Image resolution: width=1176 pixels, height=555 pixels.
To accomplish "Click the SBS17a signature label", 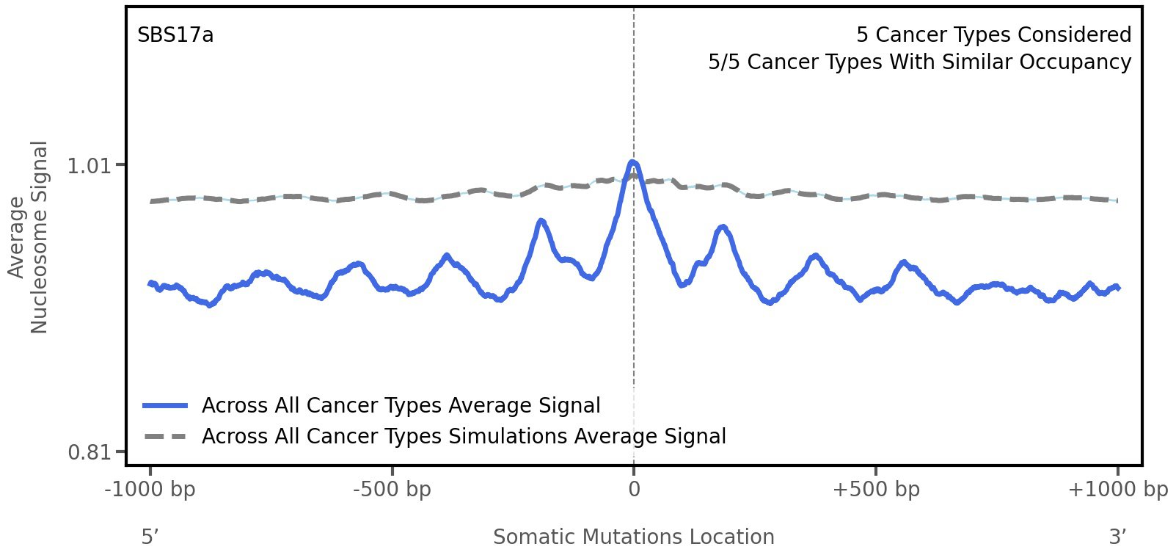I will click(175, 35).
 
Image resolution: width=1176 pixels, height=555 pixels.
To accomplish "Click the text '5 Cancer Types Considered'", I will click(993, 35).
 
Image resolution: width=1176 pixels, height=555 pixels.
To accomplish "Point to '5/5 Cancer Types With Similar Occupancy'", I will click(919, 62).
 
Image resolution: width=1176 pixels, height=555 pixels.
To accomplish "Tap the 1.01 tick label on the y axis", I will click(87, 166).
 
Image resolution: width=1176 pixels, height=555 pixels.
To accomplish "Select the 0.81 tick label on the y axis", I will click(87, 451).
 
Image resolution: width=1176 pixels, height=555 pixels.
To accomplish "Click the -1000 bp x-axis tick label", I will click(150, 490).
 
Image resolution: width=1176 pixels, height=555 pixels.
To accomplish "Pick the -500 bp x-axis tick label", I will click(392, 490).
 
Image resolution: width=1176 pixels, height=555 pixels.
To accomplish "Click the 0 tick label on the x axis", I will click(634, 490).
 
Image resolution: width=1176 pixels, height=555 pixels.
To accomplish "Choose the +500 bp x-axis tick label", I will click(876, 490).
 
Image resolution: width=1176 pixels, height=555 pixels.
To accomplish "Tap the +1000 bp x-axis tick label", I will click(1117, 490).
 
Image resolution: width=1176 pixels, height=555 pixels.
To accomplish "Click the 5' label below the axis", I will click(150, 537).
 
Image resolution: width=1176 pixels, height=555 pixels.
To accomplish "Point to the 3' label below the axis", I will click(1117, 537).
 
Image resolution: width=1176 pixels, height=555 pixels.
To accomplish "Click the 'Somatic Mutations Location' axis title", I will click(633, 537).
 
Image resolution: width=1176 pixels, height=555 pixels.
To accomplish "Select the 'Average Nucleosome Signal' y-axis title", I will click(29, 236).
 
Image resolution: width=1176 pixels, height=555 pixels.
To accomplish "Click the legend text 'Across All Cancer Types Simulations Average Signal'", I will click(464, 437).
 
